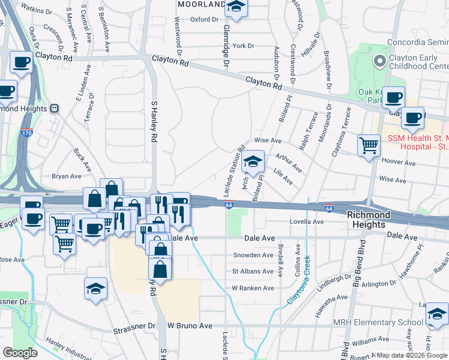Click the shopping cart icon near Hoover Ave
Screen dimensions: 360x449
point(369,145)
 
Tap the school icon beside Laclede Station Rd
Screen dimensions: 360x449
point(253,161)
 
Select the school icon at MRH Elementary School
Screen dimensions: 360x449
point(437,314)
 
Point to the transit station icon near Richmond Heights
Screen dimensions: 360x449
point(54,109)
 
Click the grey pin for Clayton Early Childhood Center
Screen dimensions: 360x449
point(379,61)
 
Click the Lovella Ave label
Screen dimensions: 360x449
point(306,221)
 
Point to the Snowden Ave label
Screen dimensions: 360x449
point(253,255)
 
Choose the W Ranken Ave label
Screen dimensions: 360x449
point(253,288)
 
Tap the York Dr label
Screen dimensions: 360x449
point(244,46)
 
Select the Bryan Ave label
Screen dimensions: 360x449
point(66,176)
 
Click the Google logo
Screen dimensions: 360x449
point(20,353)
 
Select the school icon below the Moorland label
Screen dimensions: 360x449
point(236,8)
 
